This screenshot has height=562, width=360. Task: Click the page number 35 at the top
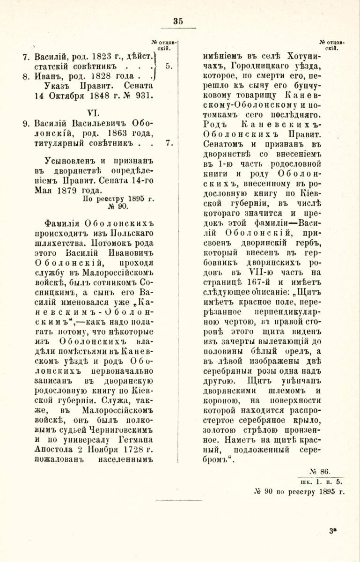coord(178,21)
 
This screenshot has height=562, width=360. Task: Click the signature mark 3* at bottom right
coord(334,531)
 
